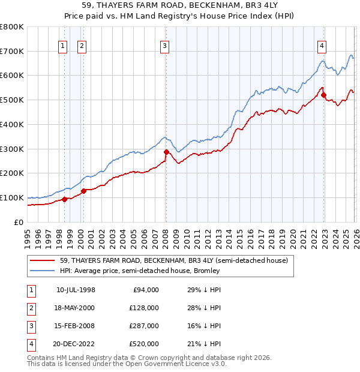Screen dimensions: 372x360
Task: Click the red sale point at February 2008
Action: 166,152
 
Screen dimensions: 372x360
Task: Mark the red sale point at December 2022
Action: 323,95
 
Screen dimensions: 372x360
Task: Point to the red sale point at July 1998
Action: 64,199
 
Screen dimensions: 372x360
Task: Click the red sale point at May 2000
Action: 83,191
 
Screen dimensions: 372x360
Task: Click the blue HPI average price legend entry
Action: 140,271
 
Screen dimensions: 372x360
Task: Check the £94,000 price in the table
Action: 146,289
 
